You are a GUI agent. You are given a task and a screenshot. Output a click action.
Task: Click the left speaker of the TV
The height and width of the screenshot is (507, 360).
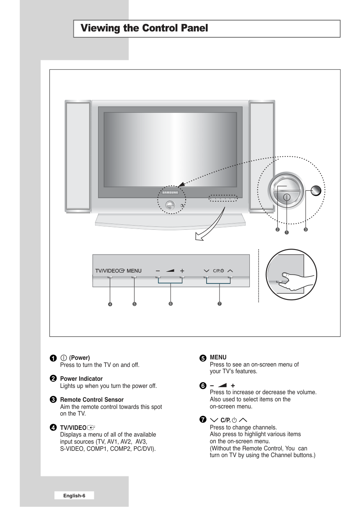(x=78, y=156)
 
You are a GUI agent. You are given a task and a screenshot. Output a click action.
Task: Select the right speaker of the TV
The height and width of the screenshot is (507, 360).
(x=262, y=156)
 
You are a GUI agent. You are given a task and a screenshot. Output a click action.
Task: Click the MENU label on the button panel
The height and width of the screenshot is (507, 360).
(x=134, y=271)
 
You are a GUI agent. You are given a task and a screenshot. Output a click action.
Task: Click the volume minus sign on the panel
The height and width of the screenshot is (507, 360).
(x=158, y=271)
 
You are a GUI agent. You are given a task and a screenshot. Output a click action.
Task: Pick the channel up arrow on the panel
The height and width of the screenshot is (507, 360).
(x=230, y=271)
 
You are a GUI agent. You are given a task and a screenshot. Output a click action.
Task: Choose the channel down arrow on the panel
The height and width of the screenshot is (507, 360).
(x=206, y=271)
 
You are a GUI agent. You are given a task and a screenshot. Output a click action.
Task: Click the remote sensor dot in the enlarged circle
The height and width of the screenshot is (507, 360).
(x=317, y=191)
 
